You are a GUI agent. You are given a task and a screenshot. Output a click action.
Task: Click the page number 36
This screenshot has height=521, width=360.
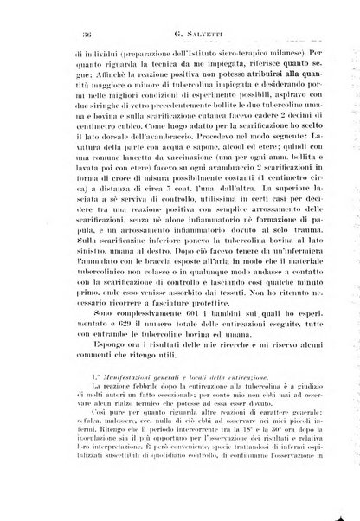coord(39,32)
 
